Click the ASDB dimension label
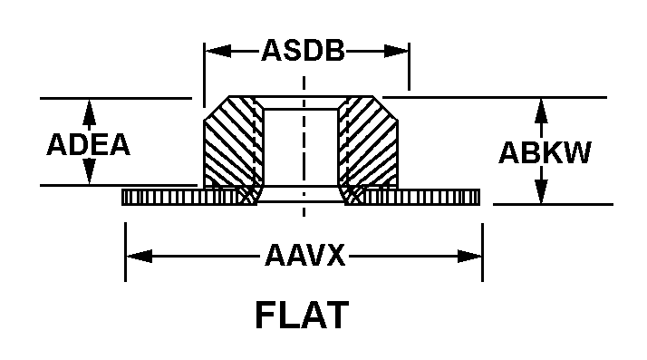click(x=303, y=51)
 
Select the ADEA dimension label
click(x=88, y=144)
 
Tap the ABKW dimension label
click(x=545, y=152)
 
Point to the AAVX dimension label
click(x=304, y=255)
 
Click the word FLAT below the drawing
click(x=303, y=315)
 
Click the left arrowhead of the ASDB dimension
click(x=217, y=51)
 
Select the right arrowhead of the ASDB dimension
click(x=396, y=51)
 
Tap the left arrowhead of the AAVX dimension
click(x=139, y=256)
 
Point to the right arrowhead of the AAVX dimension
click(x=469, y=256)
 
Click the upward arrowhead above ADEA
click(x=89, y=112)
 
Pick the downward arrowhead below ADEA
click(x=89, y=171)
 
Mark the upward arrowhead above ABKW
click(x=541, y=112)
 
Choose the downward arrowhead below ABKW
click(x=541, y=190)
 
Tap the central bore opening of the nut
click(x=301, y=147)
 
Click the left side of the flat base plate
click(x=181, y=197)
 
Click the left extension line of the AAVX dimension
click(x=125, y=252)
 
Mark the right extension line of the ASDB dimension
click(x=409, y=66)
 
